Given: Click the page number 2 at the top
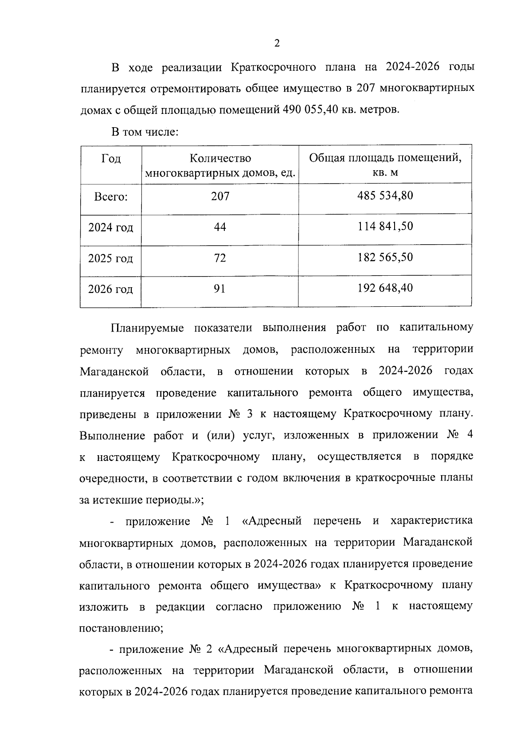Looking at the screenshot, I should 277,43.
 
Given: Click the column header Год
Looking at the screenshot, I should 111,159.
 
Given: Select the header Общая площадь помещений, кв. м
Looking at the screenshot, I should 385,165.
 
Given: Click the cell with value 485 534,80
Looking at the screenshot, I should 385,195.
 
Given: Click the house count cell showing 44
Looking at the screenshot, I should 220,227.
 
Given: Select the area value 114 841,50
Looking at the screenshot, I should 385,226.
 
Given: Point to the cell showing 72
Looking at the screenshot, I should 220,258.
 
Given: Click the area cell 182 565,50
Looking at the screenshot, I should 385,258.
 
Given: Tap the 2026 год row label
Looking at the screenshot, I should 111,289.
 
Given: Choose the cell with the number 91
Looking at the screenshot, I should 220,289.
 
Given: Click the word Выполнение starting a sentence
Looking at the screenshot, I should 112,436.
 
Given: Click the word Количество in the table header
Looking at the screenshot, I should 220,159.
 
